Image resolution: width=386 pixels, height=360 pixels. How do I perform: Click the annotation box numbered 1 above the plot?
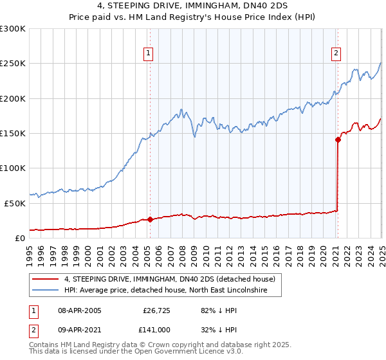149,53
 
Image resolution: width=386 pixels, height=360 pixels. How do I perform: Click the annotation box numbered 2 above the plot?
336,53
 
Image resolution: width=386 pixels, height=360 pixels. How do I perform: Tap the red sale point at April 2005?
150,219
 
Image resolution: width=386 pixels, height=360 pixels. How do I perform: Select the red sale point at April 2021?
337,139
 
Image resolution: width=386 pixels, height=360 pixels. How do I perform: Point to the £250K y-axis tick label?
13,64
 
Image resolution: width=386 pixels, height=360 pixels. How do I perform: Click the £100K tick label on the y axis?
13,168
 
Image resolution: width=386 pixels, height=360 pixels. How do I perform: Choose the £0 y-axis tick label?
19,238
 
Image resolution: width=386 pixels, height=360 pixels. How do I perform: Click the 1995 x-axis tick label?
30,253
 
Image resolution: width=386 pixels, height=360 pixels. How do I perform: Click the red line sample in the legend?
45,280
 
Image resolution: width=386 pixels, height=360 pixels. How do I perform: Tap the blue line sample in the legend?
45,291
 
